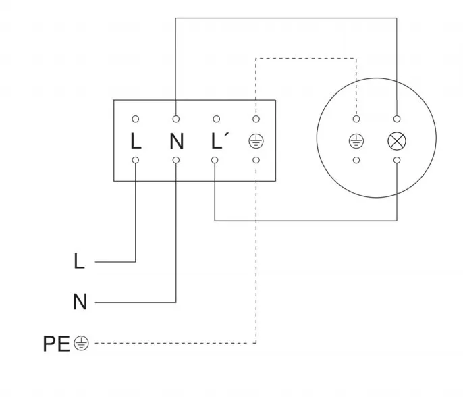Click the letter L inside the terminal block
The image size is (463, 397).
click(x=136, y=141)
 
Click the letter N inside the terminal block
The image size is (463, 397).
click(x=176, y=141)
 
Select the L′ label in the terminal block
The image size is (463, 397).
click(x=218, y=141)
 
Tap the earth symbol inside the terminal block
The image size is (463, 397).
click(x=256, y=141)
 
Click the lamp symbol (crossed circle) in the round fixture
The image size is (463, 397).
click(x=396, y=141)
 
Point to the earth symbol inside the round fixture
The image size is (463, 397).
click(x=356, y=141)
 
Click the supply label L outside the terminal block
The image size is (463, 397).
click(x=80, y=261)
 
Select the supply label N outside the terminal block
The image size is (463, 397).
click(x=80, y=302)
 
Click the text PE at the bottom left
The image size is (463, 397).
click(x=56, y=344)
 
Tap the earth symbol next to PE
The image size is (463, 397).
click(x=81, y=344)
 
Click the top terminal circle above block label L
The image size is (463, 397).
click(x=136, y=119)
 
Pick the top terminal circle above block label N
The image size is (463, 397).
click(x=176, y=119)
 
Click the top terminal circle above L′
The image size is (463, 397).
click(x=215, y=119)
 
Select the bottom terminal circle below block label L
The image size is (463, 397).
click(x=136, y=161)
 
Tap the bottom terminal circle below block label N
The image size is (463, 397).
click(x=176, y=161)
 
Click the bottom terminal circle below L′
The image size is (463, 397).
click(x=215, y=161)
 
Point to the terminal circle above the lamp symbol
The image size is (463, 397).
click(x=396, y=119)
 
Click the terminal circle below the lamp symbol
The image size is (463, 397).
click(x=396, y=161)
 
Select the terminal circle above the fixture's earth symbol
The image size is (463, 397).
click(x=356, y=119)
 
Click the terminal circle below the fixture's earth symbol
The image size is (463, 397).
click(x=356, y=161)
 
